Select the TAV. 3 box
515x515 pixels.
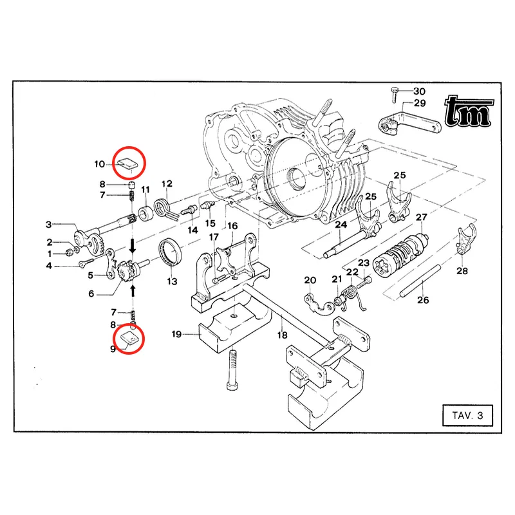coord(467,416)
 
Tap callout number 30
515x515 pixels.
coord(419,91)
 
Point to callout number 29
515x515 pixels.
coord(419,104)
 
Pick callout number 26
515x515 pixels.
coord(422,300)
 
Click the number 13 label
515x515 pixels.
coord(172,281)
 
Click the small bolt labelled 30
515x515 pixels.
coord(394,97)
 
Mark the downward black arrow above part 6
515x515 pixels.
coord(133,245)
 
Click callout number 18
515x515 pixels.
coord(282,335)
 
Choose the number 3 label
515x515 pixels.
coord(48,225)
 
